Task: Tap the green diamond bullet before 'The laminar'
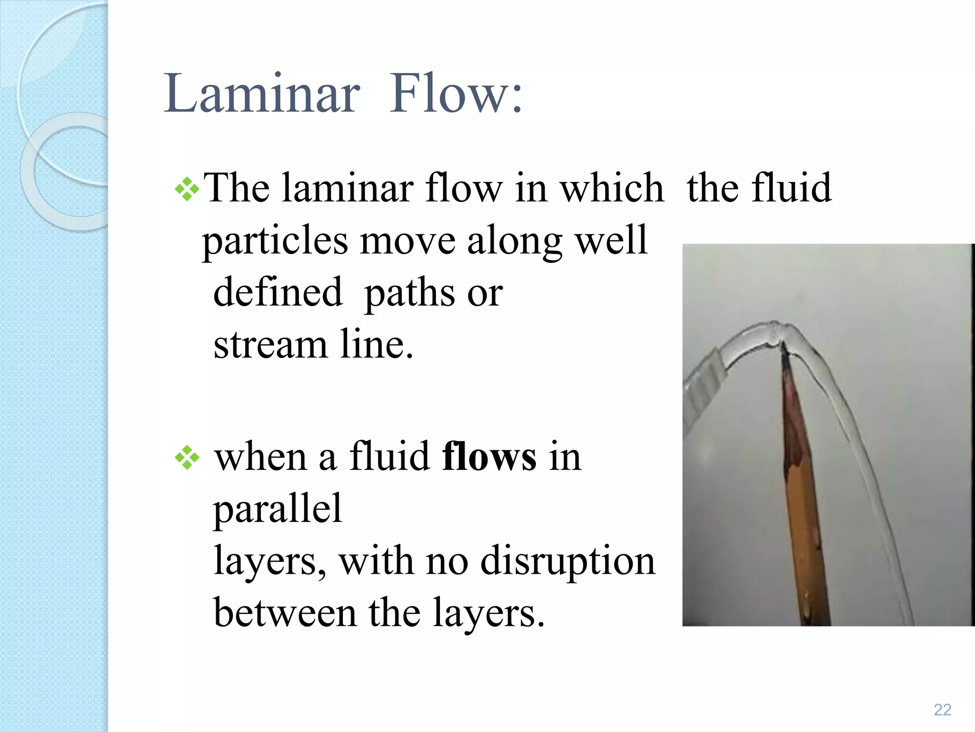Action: click(x=187, y=189)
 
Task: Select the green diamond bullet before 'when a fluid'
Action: click(x=187, y=457)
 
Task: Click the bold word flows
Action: click(x=489, y=457)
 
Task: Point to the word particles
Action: click(x=275, y=241)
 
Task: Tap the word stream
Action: click(x=270, y=344)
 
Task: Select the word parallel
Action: click(x=278, y=508)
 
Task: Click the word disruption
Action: click(x=567, y=561)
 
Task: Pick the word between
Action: click(x=285, y=613)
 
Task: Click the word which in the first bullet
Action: click(x=612, y=188)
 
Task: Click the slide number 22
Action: click(x=942, y=710)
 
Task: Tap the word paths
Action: click(x=409, y=293)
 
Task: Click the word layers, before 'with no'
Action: click(x=270, y=561)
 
